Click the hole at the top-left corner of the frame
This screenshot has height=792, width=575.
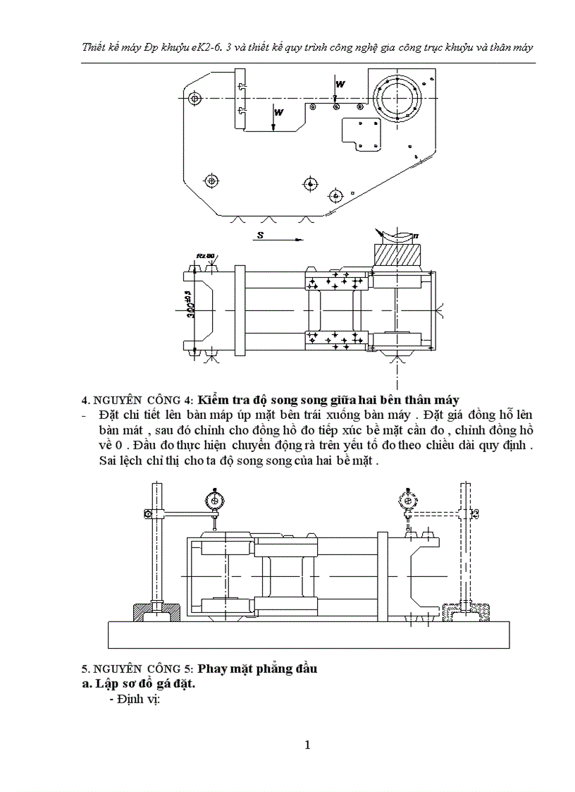click(x=195, y=97)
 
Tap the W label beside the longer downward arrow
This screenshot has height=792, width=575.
click(x=279, y=112)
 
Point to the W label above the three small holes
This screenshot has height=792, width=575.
click(x=340, y=84)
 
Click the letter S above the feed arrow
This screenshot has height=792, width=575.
click(x=260, y=236)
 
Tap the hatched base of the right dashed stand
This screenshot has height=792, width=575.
click(x=464, y=610)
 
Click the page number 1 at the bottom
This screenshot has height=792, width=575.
click(x=308, y=745)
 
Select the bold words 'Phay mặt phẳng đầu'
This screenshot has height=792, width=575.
click(x=257, y=669)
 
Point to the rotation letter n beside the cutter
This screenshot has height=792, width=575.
click(x=416, y=235)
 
